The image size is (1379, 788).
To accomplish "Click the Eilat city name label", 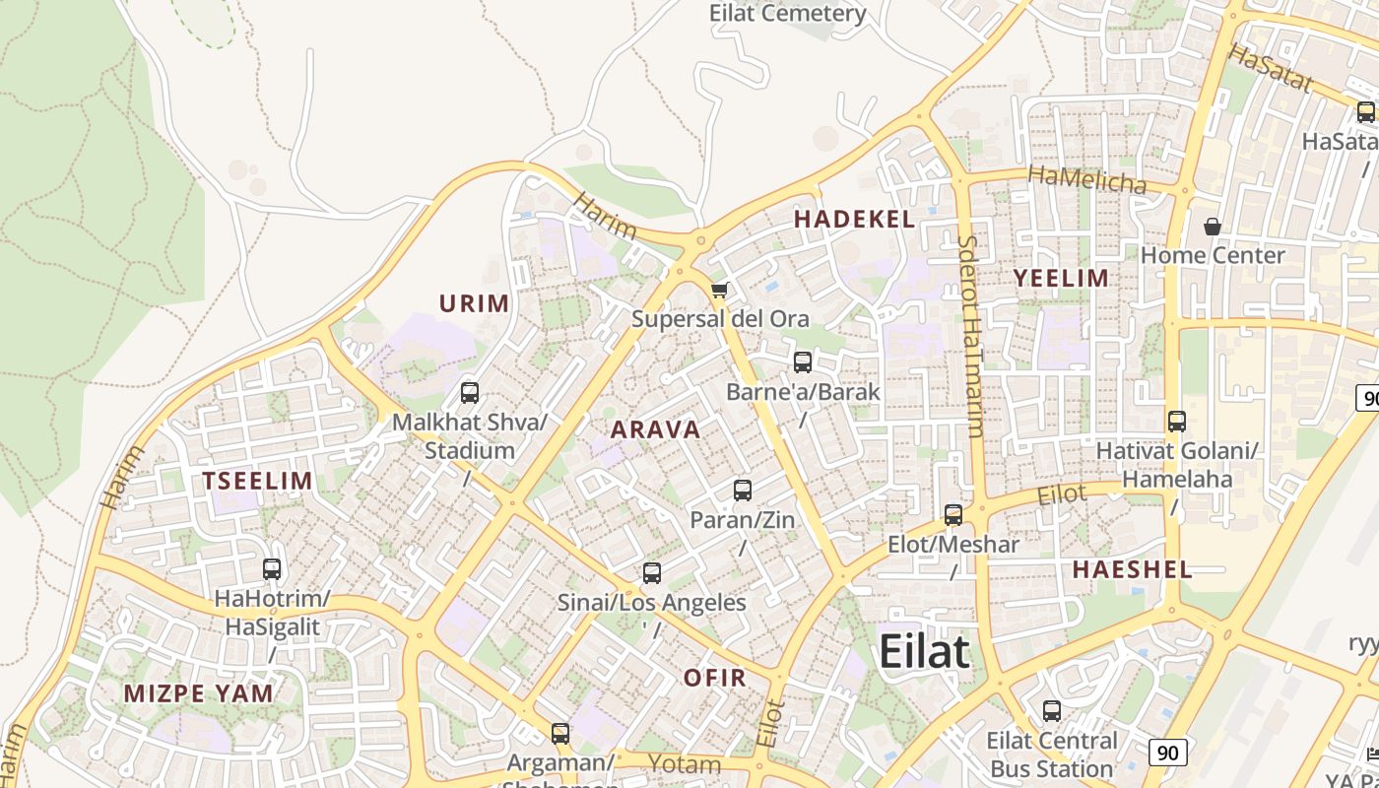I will click(x=924, y=652).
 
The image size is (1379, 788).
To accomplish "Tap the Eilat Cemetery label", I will click(x=788, y=14).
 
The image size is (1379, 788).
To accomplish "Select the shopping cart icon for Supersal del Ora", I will click(x=719, y=290).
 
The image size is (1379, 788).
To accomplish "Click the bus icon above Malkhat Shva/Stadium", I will click(x=470, y=393).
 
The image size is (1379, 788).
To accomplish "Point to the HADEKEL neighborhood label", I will click(x=854, y=220).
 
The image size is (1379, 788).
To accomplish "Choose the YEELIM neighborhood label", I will click(x=1061, y=278).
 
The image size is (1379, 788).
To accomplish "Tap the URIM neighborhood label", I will click(x=474, y=303).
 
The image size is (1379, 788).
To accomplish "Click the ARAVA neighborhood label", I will click(x=655, y=429).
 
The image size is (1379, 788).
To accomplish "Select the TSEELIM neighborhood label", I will click(x=257, y=481).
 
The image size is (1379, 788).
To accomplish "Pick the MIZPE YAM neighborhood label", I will click(x=198, y=693).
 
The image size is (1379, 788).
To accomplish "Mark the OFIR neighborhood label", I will click(x=714, y=678).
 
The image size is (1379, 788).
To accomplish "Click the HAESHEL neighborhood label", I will click(x=1132, y=569).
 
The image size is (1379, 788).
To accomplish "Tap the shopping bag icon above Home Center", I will click(x=1213, y=227).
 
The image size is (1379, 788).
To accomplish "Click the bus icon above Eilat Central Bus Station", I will click(x=1052, y=710).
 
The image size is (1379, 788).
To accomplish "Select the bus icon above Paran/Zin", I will click(x=743, y=490).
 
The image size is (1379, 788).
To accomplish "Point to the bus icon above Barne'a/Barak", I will click(x=803, y=361).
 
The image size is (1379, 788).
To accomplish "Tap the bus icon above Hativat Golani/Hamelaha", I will click(x=1177, y=422).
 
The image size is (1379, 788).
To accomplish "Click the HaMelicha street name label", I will click(x=1086, y=179).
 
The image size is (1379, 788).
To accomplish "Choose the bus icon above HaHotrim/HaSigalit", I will click(x=272, y=568).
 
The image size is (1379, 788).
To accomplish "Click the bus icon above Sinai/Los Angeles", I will click(x=651, y=572).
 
